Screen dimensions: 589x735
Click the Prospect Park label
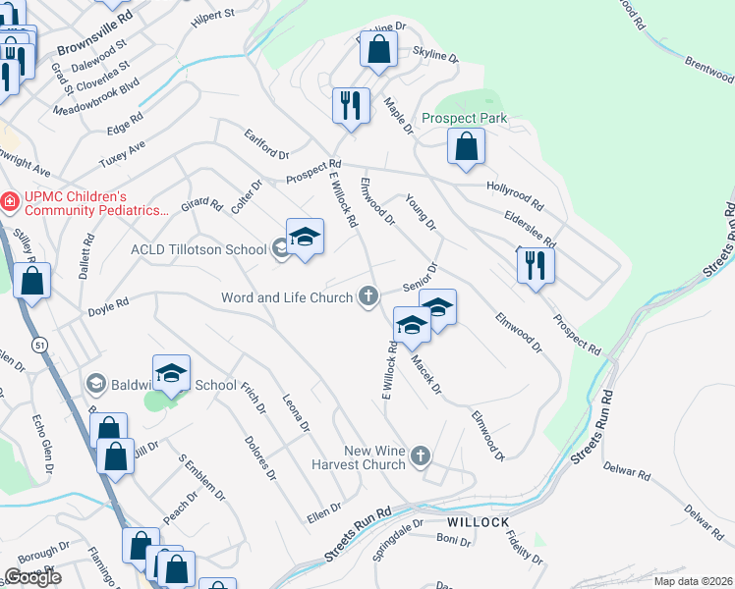click(464, 118)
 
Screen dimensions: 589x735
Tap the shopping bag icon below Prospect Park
click(466, 147)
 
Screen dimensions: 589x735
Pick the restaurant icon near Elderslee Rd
click(536, 264)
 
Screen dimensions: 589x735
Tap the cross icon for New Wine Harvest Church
click(421, 455)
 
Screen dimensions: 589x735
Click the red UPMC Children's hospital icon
click(10, 202)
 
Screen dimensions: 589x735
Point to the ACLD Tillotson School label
click(198, 249)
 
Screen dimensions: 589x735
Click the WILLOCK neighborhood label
click(479, 521)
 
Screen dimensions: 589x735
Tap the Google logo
click(32, 577)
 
